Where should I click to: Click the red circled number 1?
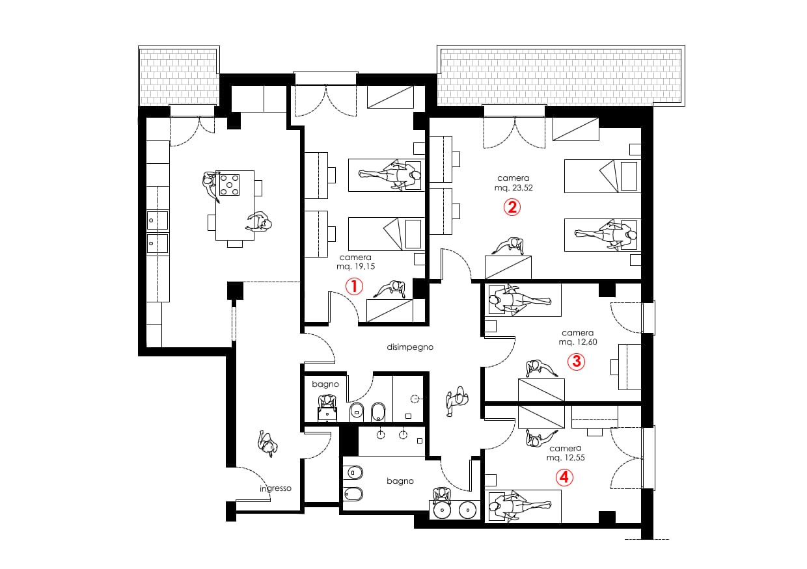pyautogui.click(x=354, y=287)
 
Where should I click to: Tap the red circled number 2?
pyautogui.click(x=512, y=207)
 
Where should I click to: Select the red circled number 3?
pyautogui.click(x=577, y=362)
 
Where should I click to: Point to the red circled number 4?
pyautogui.click(x=564, y=477)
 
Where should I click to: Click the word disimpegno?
pyautogui.click(x=410, y=347)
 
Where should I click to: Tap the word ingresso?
pyautogui.click(x=275, y=488)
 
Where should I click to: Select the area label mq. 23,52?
pyautogui.click(x=513, y=187)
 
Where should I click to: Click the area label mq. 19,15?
pyautogui.click(x=355, y=267)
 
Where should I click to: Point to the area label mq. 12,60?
pyautogui.click(x=578, y=342)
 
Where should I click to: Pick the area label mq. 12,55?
pyautogui.click(x=566, y=458)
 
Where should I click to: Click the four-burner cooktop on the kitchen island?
pyautogui.click(x=230, y=185)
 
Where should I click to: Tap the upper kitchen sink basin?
pyautogui.click(x=157, y=220)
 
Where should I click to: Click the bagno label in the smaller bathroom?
pyautogui.click(x=325, y=384)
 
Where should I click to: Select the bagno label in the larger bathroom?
pyautogui.click(x=400, y=481)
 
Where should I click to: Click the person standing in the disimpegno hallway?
pyautogui.click(x=457, y=401)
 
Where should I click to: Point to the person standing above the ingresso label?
pyautogui.click(x=267, y=443)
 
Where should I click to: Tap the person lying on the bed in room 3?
pyautogui.click(x=520, y=299)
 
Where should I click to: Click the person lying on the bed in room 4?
pyautogui.click(x=520, y=506)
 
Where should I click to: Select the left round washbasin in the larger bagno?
pyautogui.click(x=443, y=510)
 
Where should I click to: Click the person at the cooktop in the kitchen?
pyautogui.click(x=210, y=187)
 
